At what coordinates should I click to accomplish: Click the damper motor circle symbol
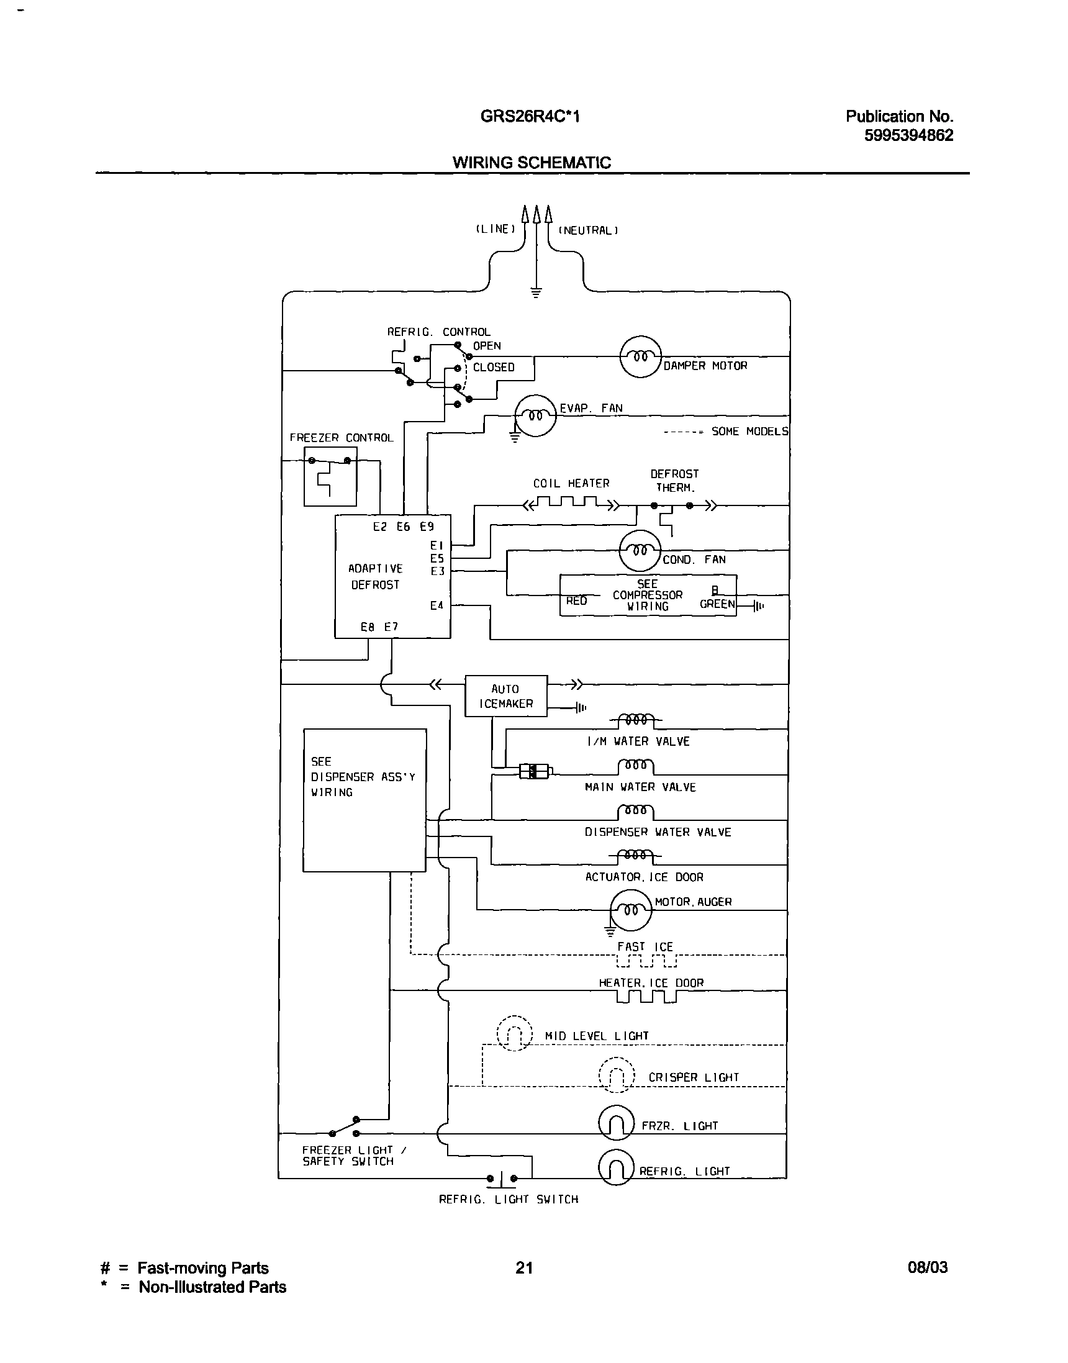tap(640, 356)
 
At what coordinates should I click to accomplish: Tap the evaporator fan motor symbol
tap(535, 415)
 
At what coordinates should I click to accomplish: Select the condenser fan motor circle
tap(639, 551)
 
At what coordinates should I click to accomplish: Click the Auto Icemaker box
tap(506, 696)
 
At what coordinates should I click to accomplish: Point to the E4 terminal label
tap(437, 605)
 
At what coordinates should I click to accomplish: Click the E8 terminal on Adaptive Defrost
tap(367, 627)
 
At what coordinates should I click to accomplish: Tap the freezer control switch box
tap(330, 476)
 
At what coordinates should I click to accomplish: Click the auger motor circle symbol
tap(630, 910)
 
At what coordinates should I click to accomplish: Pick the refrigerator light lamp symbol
tap(616, 1167)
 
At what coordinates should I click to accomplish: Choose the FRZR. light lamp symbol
tap(616, 1123)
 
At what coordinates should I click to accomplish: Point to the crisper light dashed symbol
tap(617, 1075)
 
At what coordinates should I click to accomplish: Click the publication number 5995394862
tap(908, 135)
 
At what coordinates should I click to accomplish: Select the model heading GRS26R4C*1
tap(530, 116)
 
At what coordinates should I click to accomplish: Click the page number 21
tap(524, 1268)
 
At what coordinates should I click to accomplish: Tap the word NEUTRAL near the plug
tap(588, 230)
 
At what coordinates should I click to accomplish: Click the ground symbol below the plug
tap(536, 292)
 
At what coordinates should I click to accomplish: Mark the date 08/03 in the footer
tap(927, 1268)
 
